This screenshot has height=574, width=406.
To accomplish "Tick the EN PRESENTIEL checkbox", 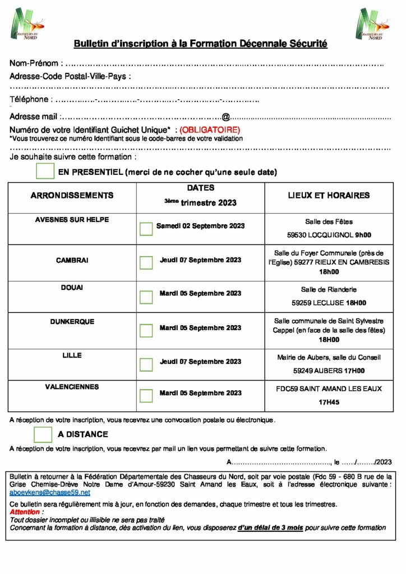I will (45, 171).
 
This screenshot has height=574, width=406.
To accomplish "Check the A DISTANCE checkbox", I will (43, 434).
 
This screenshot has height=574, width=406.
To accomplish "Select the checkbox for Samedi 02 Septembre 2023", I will (146, 228).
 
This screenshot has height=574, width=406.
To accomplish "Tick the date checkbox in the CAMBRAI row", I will (146, 262).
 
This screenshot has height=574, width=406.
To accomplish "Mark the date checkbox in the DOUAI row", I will (146, 297).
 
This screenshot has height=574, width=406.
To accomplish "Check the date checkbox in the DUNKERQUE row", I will (146, 331).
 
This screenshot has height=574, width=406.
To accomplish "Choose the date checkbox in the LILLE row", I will (146, 364).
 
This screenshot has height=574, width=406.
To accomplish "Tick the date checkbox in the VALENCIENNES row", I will (146, 396).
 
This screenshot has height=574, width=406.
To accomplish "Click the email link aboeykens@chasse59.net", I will (50, 492).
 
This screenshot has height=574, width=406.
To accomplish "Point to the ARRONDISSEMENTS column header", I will (72, 196).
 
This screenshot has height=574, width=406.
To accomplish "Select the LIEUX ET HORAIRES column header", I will (329, 196).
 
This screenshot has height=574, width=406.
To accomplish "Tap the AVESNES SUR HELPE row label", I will (72, 220).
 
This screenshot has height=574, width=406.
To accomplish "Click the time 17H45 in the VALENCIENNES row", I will (329, 402).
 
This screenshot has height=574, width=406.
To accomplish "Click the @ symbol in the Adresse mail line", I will (225, 117).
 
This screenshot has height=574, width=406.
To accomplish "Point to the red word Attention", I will (25, 512).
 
